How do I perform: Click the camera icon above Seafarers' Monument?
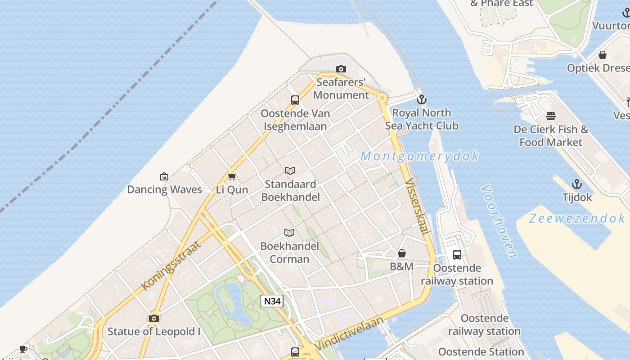[x=341, y=69]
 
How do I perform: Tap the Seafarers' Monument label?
[x=341, y=89]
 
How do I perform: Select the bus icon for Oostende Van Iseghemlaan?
[x=295, y=100]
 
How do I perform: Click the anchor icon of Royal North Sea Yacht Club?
[x=421, y=99]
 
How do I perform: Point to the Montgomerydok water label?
[x=419, y=156]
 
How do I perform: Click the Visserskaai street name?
[x=416, y=206]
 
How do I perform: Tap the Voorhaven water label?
[x=499, y=220]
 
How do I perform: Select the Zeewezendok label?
[x=577, y=219]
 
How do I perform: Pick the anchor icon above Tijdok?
[x=576, y=184]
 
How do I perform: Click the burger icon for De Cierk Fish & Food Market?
[x=551, y=116]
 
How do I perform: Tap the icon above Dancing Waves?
[x=164, y=176]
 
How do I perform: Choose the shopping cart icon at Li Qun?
[x=232, y=176]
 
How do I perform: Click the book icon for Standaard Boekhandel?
[x=290, y=171]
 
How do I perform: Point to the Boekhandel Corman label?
[x=290, y=252]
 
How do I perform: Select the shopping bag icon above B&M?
[x=402, y=254]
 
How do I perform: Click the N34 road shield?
[x=272, y=301]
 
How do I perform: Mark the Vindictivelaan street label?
[x=349, y=333]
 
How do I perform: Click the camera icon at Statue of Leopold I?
[x=154, y=319]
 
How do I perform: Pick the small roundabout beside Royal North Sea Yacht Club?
[x=382, y=97]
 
